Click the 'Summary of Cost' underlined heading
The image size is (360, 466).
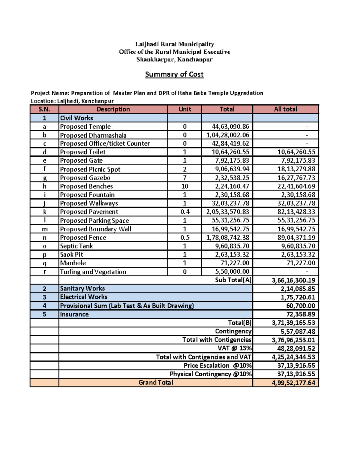174,74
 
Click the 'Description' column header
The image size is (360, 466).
113,109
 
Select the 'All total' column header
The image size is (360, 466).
285,109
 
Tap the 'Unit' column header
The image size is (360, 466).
185,109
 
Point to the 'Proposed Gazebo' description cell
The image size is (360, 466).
85,178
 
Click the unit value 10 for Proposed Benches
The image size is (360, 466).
185,186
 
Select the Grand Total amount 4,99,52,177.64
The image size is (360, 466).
293,383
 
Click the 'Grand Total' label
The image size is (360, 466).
156,383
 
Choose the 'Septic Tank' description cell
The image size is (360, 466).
76,246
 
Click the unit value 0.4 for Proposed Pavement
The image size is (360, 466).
185,212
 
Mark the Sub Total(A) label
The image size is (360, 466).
233,280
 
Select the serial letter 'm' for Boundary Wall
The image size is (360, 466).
45,229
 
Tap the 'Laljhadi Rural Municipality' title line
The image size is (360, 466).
175,44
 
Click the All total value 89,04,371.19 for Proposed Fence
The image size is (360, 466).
296,238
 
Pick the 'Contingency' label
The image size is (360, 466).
233,331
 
